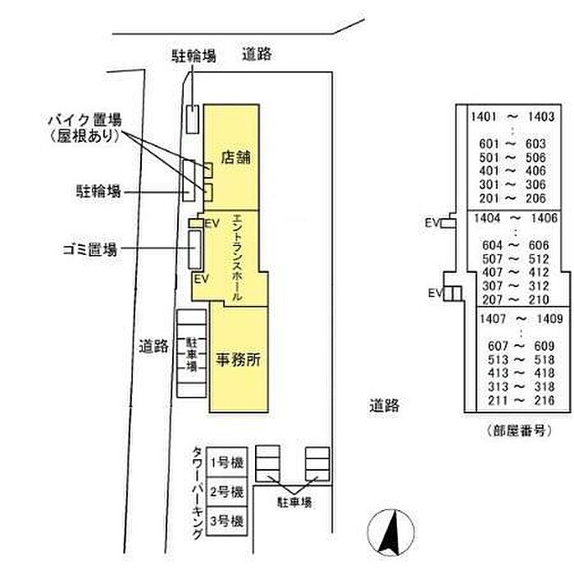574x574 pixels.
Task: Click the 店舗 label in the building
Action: (x=236, y=157)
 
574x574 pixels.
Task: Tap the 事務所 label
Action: (x=239, y=359)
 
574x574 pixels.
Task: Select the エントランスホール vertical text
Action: (x=237, y=257)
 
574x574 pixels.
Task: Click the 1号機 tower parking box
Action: (x=226, y=462)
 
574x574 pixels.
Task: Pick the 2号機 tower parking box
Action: (x=226, y=492)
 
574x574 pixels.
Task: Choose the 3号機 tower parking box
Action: (x=226, y=521)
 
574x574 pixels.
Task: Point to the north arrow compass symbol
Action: (x=391, y=532)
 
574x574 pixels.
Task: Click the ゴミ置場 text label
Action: (x=90, y=249)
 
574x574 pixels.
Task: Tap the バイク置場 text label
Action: (x=85, y=120)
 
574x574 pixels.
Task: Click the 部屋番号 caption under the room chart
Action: (x=519, y=430)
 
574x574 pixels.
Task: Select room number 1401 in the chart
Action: (x=484, y=116)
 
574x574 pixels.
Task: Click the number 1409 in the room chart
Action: (x=549, y=318)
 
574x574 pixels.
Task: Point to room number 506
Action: (x=535, y=157)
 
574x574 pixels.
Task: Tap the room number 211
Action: (x=498, y=400)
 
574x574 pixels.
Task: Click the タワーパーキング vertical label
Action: (x=198, y=493)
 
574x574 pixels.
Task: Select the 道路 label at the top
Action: (x=257, y=54)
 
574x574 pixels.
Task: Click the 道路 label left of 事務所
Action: (x=154, y=346)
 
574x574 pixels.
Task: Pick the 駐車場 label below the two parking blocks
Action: (x=294, y=502)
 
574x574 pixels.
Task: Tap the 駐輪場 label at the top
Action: (x=194, y=56)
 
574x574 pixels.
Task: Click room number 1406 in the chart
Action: (x=544, y=218)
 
